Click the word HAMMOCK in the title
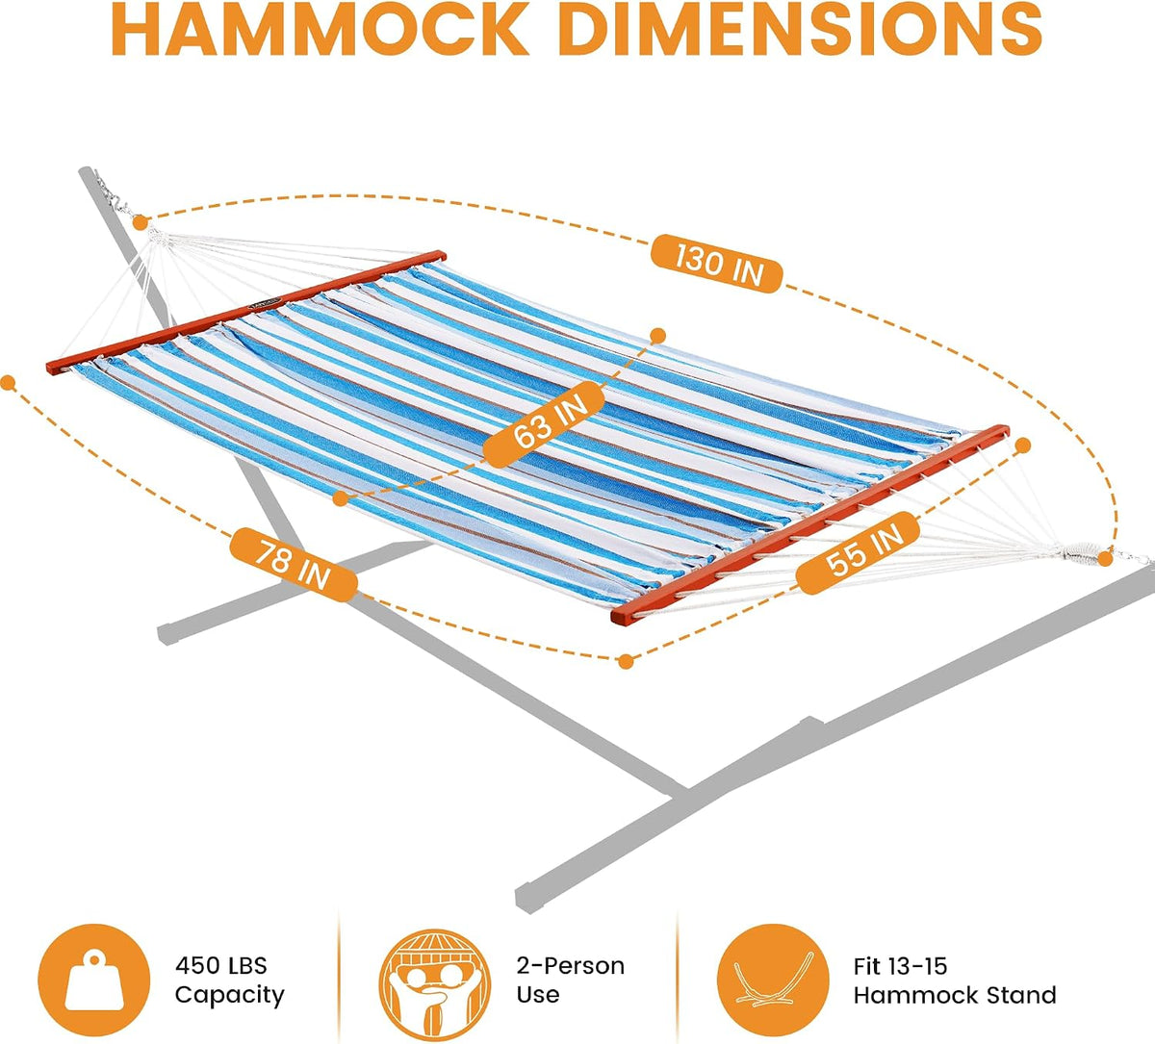point(321,29)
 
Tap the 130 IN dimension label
point(717,264)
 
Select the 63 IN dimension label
point(544,423)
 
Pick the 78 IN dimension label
point(293,564)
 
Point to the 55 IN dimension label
point(858,552)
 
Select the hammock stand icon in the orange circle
point(773,980)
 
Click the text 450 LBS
point(221,966)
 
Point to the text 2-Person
point(570,966)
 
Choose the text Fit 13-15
point(901,966)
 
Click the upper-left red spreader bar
point(245,312)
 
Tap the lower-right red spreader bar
point(810,524)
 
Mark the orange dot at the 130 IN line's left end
point(141,222)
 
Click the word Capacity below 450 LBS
point(230,996)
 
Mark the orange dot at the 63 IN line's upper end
point(657,336)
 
